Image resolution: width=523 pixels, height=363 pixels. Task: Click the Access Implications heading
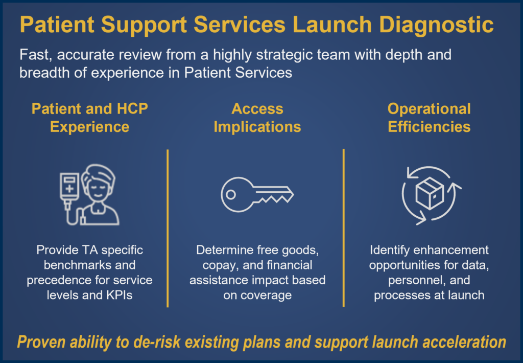pyautogui.click(x=257, y=117)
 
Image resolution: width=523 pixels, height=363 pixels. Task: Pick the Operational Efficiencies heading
pyautogui.click(x=429, y=117)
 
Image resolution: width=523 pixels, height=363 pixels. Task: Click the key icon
pyautogui.click(x=257, y=195)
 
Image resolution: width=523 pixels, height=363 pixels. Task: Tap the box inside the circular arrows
pyautogui.click(x=430, y=193)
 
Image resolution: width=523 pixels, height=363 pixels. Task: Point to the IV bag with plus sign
pyautogui.click(x=69, y=184)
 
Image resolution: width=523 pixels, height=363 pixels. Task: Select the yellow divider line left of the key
pyautogui.click(x=168, y=228)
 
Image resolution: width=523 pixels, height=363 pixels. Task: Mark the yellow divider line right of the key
pyautogui.click(x=343, y=228)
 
